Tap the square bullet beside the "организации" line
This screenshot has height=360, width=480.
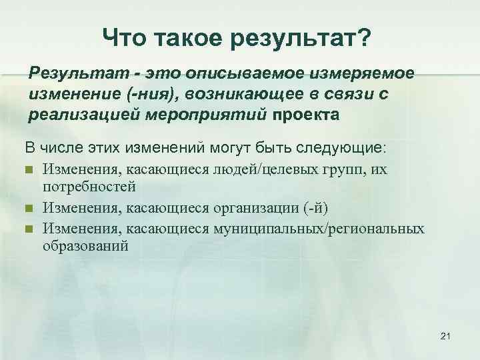coord(29,208)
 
